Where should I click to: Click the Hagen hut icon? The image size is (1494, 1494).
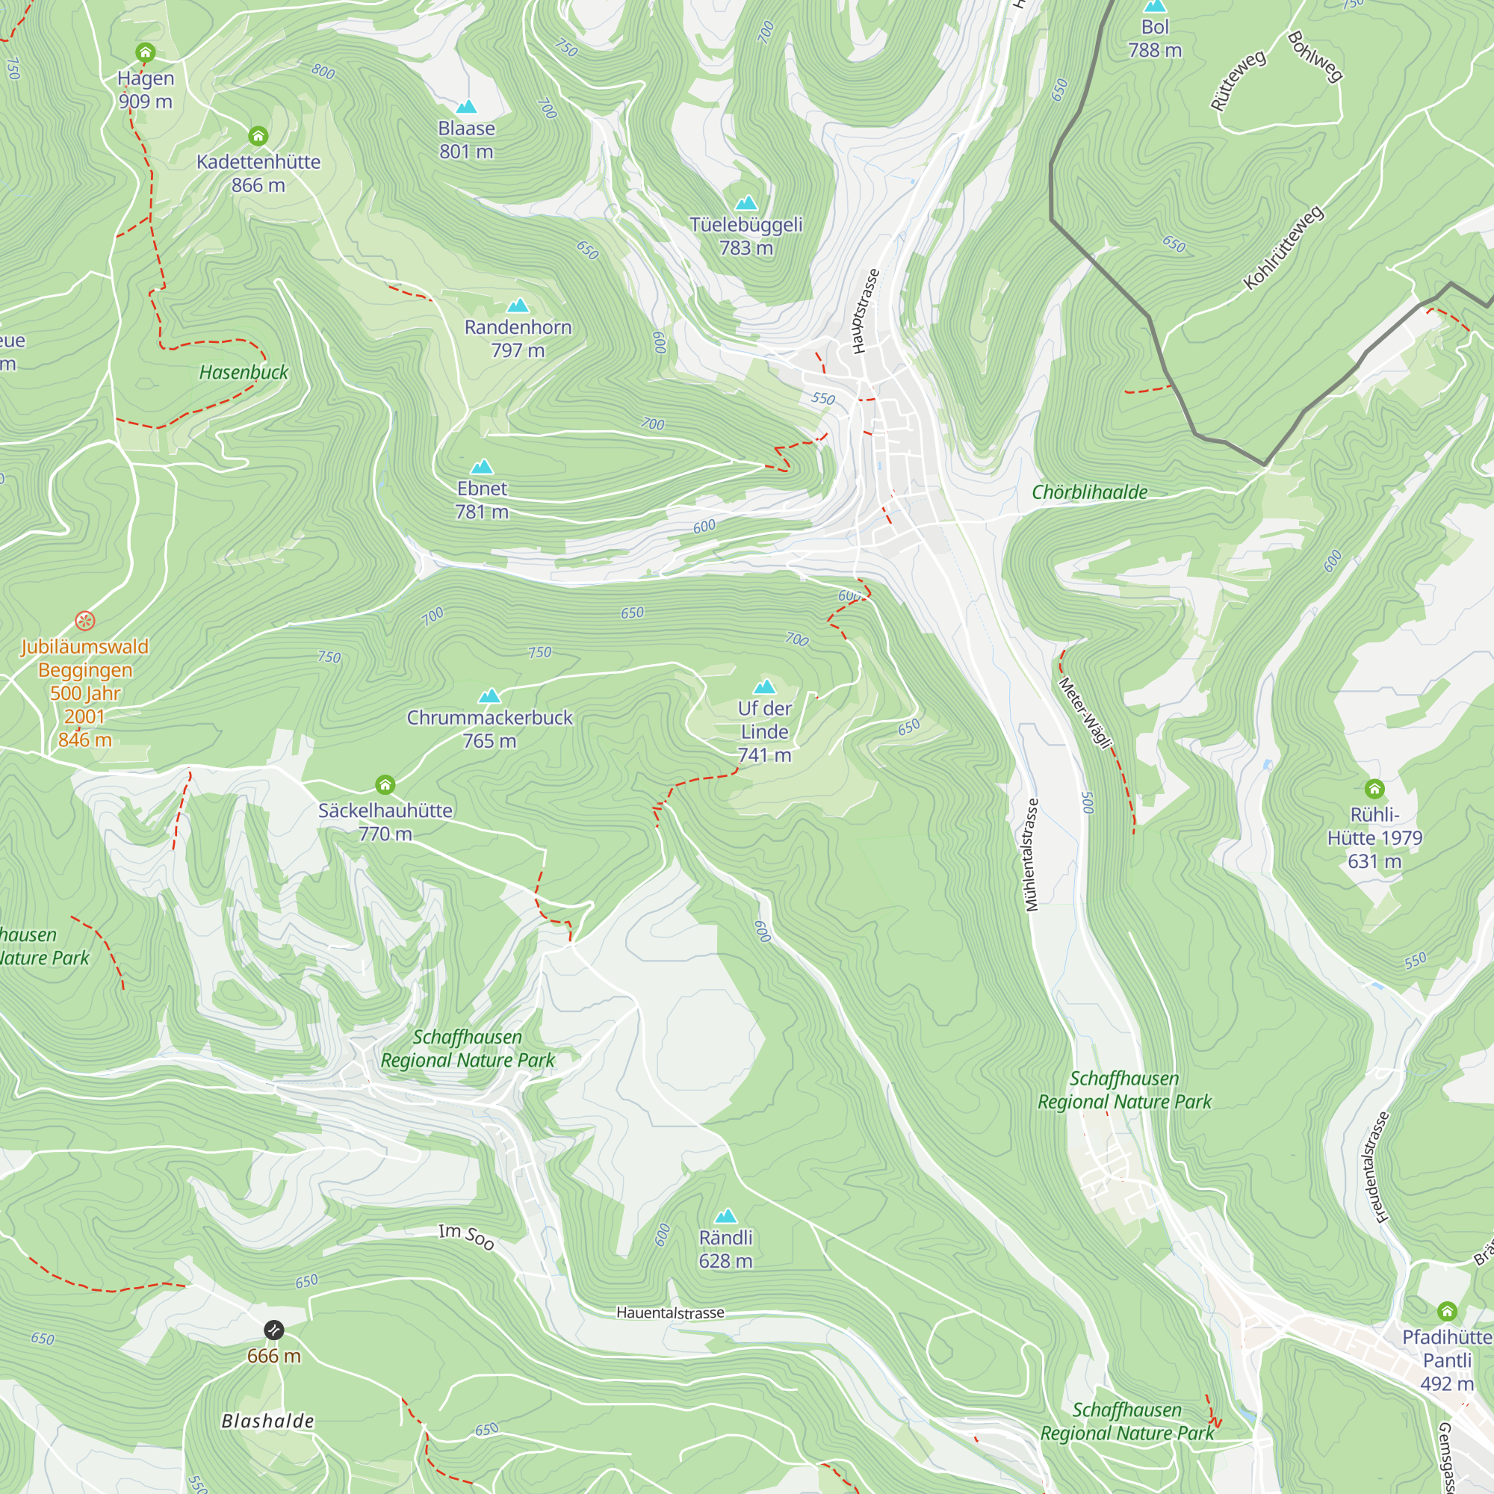(146, 52)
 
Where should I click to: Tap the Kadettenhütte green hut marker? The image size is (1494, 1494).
(258, 136)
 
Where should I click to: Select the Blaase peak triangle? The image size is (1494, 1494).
(466, 107)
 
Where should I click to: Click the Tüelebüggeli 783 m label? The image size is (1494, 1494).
(746, 236)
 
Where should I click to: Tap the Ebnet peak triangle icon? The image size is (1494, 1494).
(482, 466)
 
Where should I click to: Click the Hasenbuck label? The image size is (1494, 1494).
(244, 372)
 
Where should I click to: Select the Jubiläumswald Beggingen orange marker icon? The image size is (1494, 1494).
(85, 620)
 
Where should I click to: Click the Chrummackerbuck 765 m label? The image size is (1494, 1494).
(489, 728)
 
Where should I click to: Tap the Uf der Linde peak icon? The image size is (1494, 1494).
(764, 686)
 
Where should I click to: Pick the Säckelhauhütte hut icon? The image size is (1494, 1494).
(385, 785)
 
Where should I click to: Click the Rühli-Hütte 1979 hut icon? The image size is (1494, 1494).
(1374, 789)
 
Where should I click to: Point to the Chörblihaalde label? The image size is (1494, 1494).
(1090, 492)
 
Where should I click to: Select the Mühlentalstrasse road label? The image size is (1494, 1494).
(1031, 855)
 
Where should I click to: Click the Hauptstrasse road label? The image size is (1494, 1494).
(865, 311)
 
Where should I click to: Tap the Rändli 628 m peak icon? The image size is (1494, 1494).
(725, 1216)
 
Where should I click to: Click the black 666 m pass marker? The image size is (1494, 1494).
(273, 1330)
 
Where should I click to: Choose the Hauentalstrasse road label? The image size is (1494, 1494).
(671, 1312)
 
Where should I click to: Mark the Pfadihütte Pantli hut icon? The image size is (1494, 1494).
(1448, 1311)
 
